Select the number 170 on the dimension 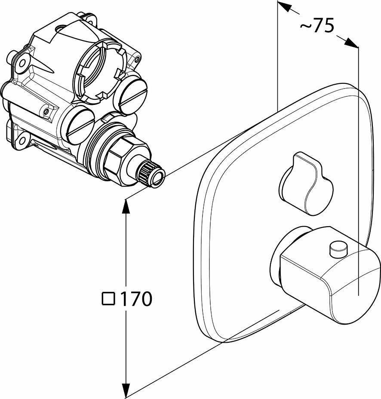135,299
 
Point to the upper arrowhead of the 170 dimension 126,206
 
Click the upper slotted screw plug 132,95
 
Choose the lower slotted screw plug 80,126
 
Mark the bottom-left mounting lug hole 20,140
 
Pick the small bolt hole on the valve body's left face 46,112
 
